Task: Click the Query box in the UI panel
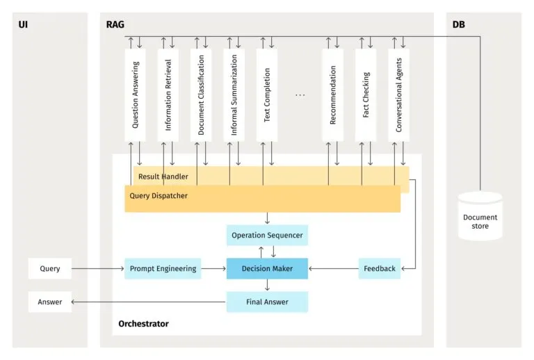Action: [49, 268]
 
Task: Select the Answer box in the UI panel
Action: [49, 302]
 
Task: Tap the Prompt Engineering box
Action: [163, 268]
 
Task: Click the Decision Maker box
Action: [267, 268]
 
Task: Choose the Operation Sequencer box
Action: [267, 235]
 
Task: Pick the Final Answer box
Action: [267, 302]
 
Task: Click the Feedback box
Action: [380, 268]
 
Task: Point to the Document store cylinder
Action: [480, 218]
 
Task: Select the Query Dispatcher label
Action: [159, 196]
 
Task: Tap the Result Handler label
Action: [163, 177]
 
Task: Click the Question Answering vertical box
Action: [135, 95]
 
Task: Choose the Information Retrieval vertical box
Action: [168, 95]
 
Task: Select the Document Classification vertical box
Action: [201, 95]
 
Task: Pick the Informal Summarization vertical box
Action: [234, 95]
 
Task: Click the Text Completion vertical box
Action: [267, 95]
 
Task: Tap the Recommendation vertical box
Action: [333, 95]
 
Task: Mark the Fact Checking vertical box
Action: [366, 95]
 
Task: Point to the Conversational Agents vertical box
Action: [398, 95]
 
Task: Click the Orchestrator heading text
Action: [143, 324]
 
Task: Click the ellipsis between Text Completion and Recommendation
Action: [300, 95]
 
